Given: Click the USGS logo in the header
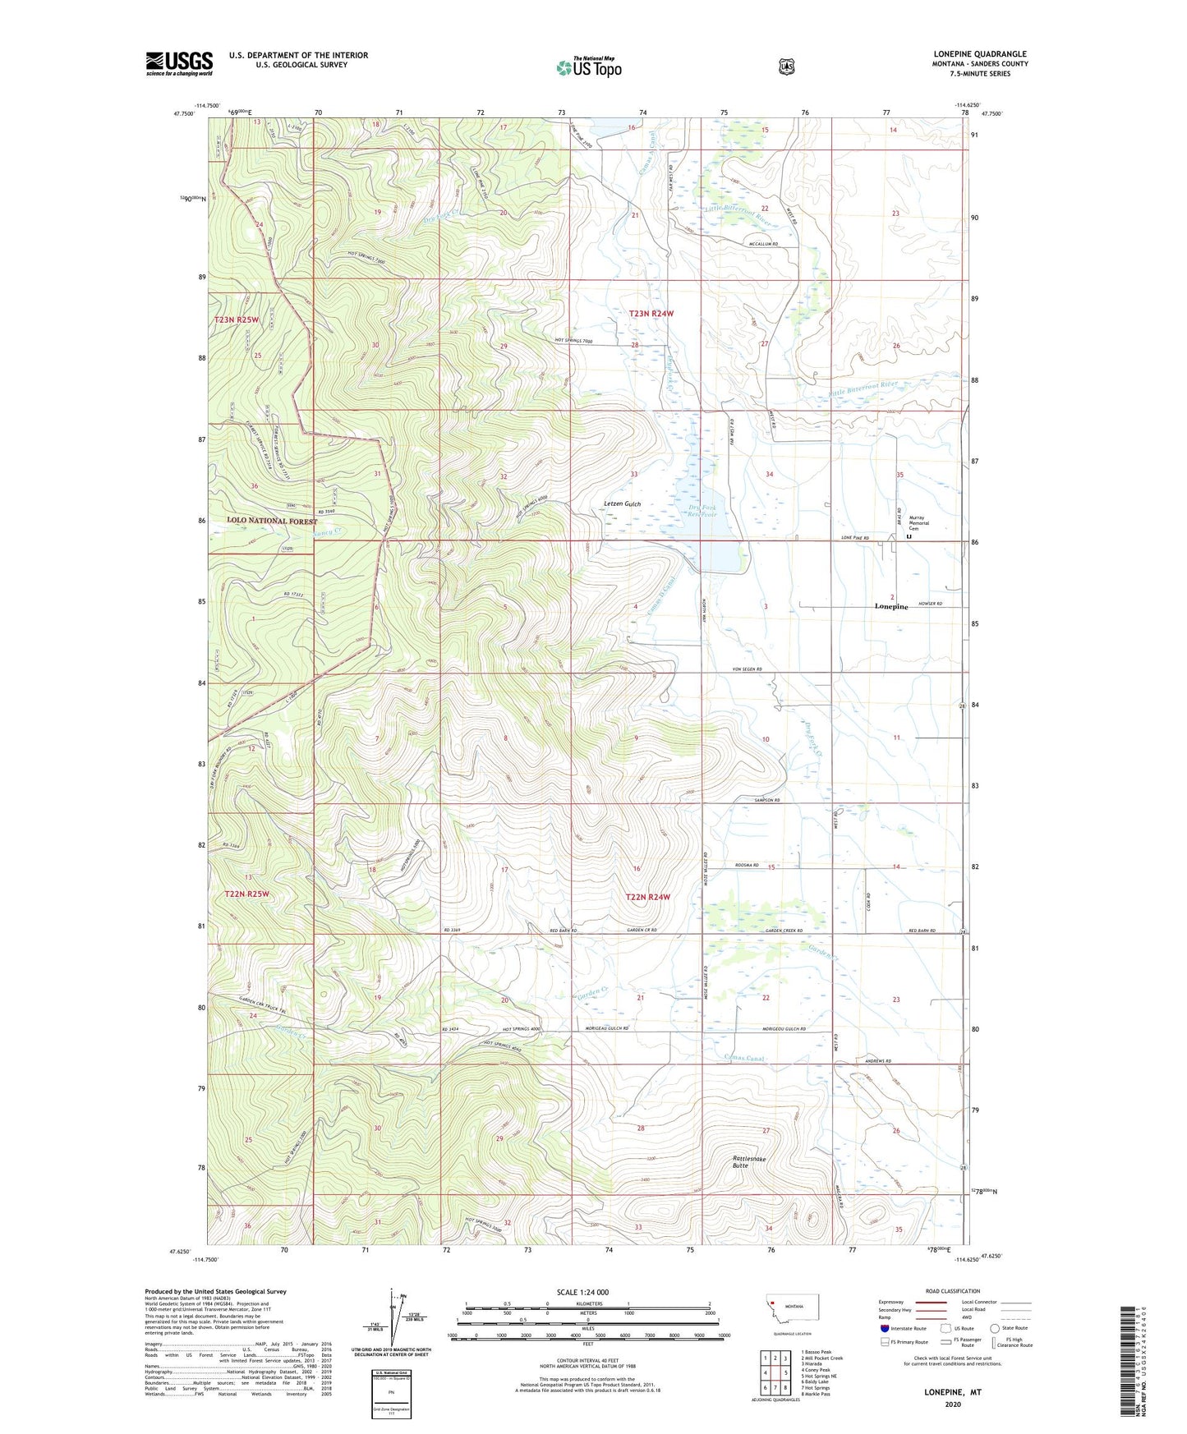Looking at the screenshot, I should coord(179,63).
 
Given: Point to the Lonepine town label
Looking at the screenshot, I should coord(891,607).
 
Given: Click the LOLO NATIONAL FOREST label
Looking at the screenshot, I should coord(272,521).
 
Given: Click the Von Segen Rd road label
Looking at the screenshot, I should coord(747,670).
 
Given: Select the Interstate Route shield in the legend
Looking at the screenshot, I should coord(884,1328).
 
